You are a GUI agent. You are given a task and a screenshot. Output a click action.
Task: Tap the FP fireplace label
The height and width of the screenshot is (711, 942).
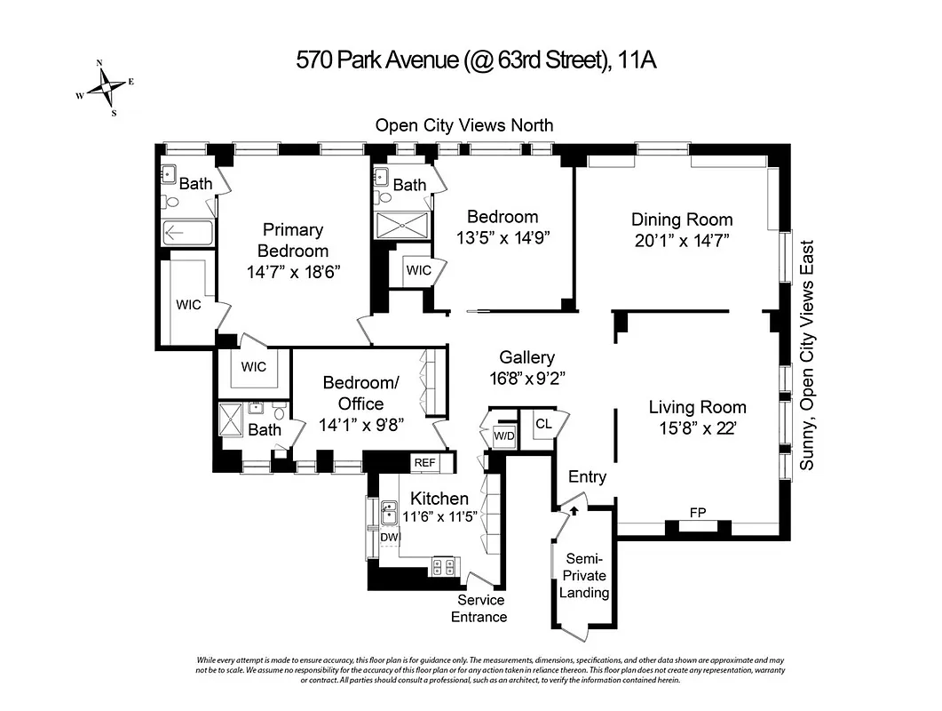(x=698, y=512)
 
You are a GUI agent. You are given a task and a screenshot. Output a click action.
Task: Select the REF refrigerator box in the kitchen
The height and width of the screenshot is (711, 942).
(x=424, y=463)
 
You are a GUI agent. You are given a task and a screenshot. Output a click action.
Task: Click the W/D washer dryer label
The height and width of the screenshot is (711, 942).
(x=503, y=435)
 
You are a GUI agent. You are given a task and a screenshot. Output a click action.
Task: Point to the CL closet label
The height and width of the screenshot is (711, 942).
(x=543, y=424)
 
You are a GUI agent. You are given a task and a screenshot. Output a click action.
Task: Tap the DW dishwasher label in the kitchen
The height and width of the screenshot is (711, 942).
(x=390, y=537)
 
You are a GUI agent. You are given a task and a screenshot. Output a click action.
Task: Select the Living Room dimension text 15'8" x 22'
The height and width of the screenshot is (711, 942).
(x=697, y=428)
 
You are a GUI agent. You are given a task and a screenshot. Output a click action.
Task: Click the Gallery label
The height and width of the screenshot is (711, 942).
(x=526, y=357)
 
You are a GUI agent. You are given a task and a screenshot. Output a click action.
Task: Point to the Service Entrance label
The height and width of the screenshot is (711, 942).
(x=480, y=609)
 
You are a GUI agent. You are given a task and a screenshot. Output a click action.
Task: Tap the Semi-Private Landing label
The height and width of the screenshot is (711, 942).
(x=585, y=576)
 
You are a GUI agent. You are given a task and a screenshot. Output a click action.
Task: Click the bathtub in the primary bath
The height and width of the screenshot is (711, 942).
(x=187, y=234)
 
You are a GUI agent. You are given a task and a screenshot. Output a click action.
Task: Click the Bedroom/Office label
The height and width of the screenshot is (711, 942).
(x=360, y=393)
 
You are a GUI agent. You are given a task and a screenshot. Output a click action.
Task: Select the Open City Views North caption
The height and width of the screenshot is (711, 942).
(x=463, y=125)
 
